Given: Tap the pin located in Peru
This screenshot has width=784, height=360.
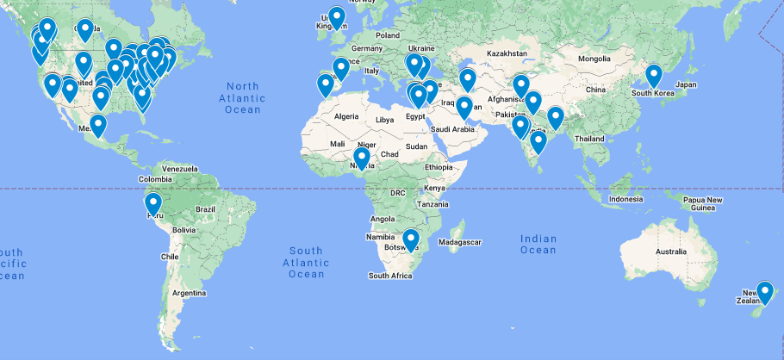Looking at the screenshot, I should click(153, 203).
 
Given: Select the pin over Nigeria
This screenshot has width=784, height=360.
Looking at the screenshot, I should click(362, 158).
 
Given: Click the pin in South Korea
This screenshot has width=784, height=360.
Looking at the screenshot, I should click(654, 75).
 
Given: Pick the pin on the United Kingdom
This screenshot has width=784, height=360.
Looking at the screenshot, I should click(336, 17).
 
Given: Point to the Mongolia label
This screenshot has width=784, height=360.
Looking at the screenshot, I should click(594, 59).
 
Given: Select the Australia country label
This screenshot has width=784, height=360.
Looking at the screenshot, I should click(676, 251).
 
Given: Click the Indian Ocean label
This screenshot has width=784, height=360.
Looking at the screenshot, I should click(538, 244).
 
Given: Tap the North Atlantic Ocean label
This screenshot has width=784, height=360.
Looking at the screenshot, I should click(243, 97).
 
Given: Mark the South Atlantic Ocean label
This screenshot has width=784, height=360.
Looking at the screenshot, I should click(306, 262).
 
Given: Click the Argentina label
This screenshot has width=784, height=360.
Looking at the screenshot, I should click(189, 293).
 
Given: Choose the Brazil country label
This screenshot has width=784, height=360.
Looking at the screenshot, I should click(205, 209).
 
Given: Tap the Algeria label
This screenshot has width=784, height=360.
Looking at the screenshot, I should click(345, 116).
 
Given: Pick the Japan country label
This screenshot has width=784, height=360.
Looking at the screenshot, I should click(685, 84).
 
